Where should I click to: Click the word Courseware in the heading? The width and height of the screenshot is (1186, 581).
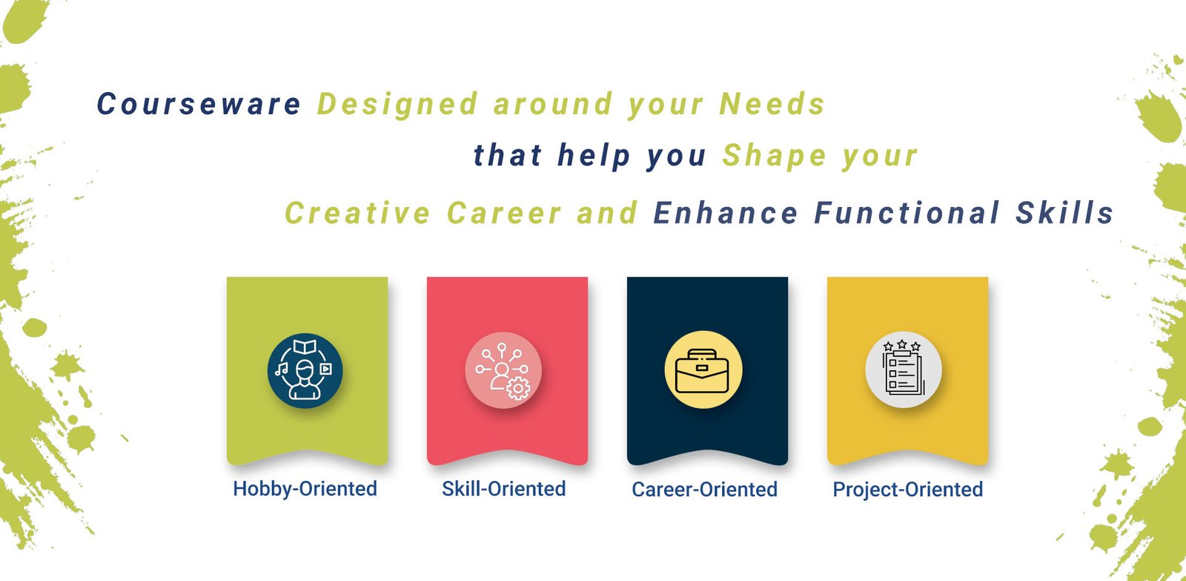pos(199,103)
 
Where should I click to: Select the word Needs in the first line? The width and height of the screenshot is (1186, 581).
pos(772,103)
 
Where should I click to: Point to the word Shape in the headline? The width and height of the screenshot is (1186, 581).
pos(775,157)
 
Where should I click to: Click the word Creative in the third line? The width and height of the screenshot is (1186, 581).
pos(357,213)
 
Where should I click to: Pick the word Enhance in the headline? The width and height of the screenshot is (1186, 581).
pos(726,213)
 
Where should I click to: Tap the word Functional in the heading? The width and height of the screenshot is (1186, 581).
pos(907,213)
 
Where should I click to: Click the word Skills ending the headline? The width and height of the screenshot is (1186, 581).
pos(1065,213)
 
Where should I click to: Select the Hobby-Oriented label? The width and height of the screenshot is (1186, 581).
pos(305,489)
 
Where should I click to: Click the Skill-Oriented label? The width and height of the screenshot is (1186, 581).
pos(504,489)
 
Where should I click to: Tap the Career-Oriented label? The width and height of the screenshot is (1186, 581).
pos(705,489)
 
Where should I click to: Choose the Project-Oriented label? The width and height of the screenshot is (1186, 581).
pos(908,489)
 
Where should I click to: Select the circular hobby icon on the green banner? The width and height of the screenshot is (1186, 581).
pos(305,370)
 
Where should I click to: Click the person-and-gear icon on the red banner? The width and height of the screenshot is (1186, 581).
pos(503,370)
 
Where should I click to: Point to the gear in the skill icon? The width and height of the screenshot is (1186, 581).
pos(518,389)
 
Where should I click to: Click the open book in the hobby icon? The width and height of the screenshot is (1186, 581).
pos(305,347)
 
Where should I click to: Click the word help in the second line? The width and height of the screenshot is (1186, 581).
pos(594,157)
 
